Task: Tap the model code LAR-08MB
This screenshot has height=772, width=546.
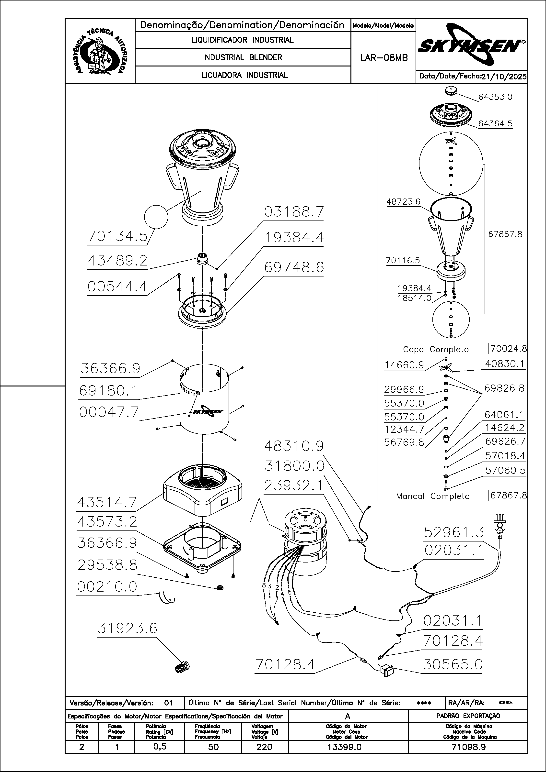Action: point(384,58)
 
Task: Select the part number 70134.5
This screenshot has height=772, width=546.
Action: point(117,236)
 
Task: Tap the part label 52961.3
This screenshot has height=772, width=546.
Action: point(453,532)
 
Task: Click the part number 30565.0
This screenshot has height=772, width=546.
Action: point(453,665)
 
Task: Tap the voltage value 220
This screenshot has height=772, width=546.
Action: point(264,747)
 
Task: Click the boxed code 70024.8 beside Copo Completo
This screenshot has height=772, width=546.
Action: point(508,349)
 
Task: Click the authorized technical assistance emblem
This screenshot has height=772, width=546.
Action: point(100,51)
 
